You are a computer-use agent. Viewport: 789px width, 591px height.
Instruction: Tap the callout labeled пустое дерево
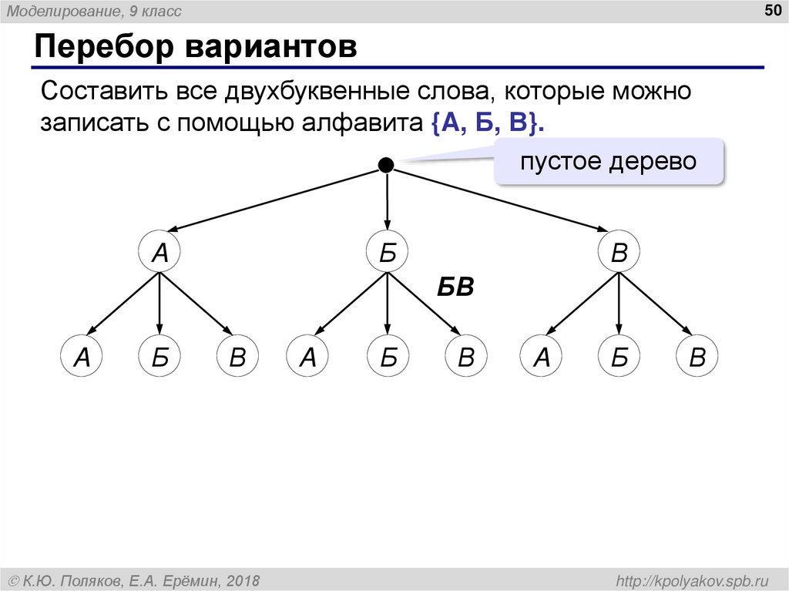pyautogui.click(x=608, y=162)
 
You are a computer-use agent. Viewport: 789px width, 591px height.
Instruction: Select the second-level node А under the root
pyautogui.click(x=159, y=252)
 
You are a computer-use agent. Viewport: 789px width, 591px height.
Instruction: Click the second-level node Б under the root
pyautogui.click(x=387, y=252)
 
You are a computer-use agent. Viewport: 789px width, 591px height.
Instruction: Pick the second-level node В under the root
pyautogui.click(x=619, y=252)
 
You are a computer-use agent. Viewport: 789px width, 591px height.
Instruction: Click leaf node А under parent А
pyautogui.click(x=82, y=357)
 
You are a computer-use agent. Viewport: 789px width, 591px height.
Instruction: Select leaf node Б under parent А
pyautogui.click(x=159, y=357)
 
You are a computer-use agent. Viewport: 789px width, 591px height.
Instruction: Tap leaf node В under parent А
pyautogui.click(x=237, y=357)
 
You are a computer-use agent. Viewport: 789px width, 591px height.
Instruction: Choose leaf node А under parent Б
pyautogui.click(x=308, y=357)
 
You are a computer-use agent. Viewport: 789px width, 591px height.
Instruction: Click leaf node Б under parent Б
pyautogui.click(x=387, y=357)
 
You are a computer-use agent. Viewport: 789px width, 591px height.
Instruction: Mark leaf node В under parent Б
pyautogui.click(x=465, y=357)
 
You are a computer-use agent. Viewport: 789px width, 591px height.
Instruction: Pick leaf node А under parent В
pyautogui.click(x=542, y=357)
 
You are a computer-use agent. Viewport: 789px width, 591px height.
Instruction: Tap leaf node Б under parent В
pyautogui.click(x=619, y=357)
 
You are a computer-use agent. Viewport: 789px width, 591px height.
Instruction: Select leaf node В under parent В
pyautogui.click(x=697, y=357)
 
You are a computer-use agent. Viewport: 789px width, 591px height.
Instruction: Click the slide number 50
pyautogui.click(x=771, y=10)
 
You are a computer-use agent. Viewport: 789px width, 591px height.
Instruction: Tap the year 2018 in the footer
pyautogui.click(x=241, y=580)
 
